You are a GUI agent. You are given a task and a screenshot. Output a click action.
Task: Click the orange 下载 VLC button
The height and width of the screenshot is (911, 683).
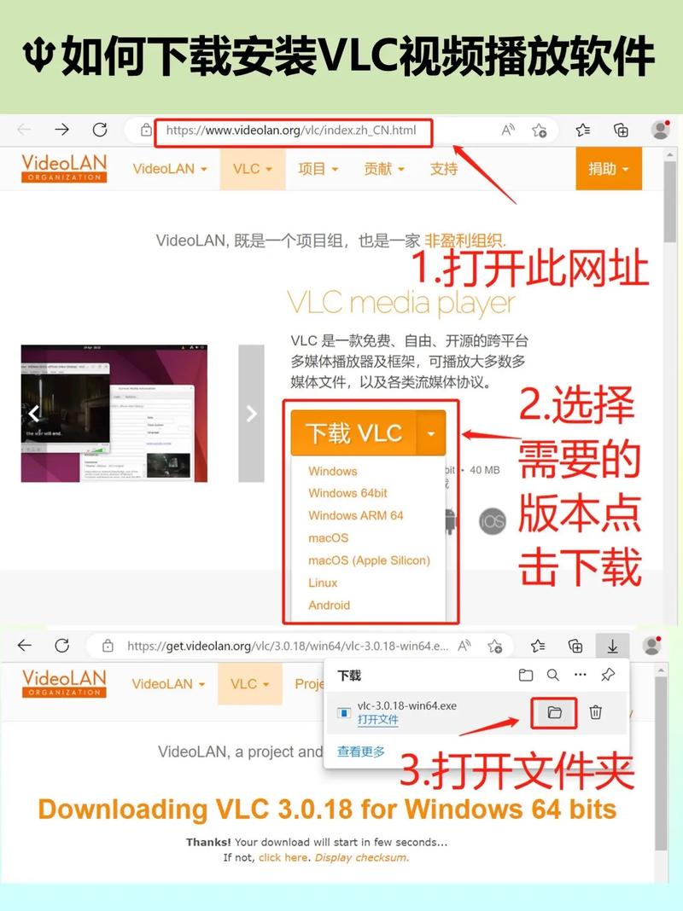(353, 432)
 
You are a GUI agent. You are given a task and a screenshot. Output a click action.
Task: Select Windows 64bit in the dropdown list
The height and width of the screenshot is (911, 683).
(347, 493)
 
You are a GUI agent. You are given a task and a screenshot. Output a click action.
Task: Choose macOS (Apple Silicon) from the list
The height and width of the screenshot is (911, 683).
(369, 560)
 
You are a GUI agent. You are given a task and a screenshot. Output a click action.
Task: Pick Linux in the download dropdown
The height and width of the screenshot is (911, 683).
(323, 583)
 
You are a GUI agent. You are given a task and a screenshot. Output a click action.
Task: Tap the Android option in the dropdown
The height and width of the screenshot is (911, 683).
(329, 605)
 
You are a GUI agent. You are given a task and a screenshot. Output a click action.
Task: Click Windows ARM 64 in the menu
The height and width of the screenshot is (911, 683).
(355, 515)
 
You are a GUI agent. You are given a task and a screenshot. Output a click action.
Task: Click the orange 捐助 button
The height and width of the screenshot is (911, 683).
(608, 169)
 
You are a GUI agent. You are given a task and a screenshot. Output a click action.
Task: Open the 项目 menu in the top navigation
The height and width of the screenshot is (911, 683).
(318, 169)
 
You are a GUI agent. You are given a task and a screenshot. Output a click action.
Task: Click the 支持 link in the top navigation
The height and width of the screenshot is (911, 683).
(444, 169)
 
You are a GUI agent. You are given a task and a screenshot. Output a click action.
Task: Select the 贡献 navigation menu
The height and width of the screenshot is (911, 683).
(383, 169)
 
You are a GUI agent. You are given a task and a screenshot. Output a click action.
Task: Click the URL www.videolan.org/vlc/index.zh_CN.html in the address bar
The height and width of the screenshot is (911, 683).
(291, 131)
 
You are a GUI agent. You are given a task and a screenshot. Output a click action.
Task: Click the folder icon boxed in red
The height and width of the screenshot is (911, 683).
(554, 712)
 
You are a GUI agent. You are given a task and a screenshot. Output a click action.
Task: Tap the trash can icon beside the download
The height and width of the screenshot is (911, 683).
(596, 712)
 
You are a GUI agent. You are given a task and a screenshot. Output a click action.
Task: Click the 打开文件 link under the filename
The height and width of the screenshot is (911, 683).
(377, 720)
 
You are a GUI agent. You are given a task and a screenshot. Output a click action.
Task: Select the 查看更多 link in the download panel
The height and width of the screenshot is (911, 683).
(360, 751)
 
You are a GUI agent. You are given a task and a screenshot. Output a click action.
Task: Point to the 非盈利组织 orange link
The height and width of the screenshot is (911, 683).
(465, 241)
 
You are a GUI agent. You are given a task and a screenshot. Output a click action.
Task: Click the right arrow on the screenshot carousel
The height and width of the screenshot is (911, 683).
(251, 414)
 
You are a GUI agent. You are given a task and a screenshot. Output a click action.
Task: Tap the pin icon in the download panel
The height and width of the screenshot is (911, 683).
(608, 675)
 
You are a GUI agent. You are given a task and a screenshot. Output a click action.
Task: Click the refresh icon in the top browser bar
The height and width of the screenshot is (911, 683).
(100, 131)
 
